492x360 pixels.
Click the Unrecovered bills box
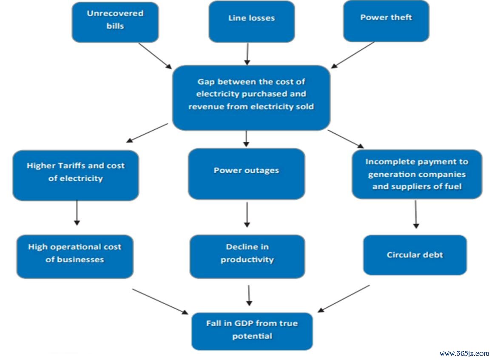[115, 22]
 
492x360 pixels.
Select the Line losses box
[252, 22]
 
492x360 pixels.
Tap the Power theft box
[386, 21]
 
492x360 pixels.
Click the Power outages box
[247, 174]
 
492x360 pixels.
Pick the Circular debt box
[415, 255]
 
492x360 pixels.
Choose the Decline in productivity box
[247, 257]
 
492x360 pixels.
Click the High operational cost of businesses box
[75, 257]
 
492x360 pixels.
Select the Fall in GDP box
[252, 331]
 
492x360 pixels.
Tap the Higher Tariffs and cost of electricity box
[76, 175]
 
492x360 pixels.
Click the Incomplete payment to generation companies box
[417, 174]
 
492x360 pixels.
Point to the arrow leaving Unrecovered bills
[155, 56]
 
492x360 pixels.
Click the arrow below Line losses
[247, 54]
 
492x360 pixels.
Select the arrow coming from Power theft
[353, 55]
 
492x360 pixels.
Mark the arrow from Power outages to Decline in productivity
[247, 215]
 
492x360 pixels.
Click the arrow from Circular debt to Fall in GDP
[344, 299]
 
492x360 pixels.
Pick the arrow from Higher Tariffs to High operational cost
[77, 213]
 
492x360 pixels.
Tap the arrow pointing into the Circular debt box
[416, 214]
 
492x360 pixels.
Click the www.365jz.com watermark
[464, 354]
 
